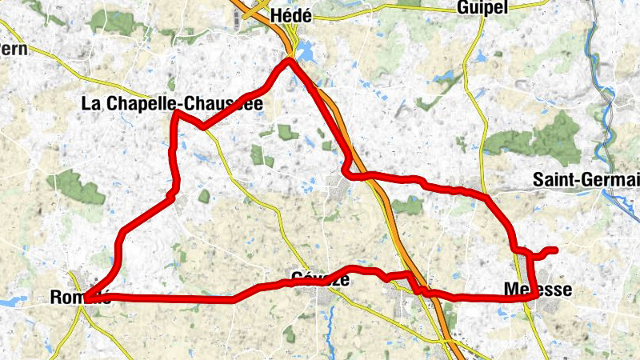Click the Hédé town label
point(290,15)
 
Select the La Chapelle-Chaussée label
point(172,103)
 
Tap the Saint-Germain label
point(586,181)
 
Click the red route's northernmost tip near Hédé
point(289,60)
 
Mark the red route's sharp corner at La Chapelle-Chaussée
point(175,114)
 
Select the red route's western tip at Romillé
point(86,299)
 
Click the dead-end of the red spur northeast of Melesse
point(554,251)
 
